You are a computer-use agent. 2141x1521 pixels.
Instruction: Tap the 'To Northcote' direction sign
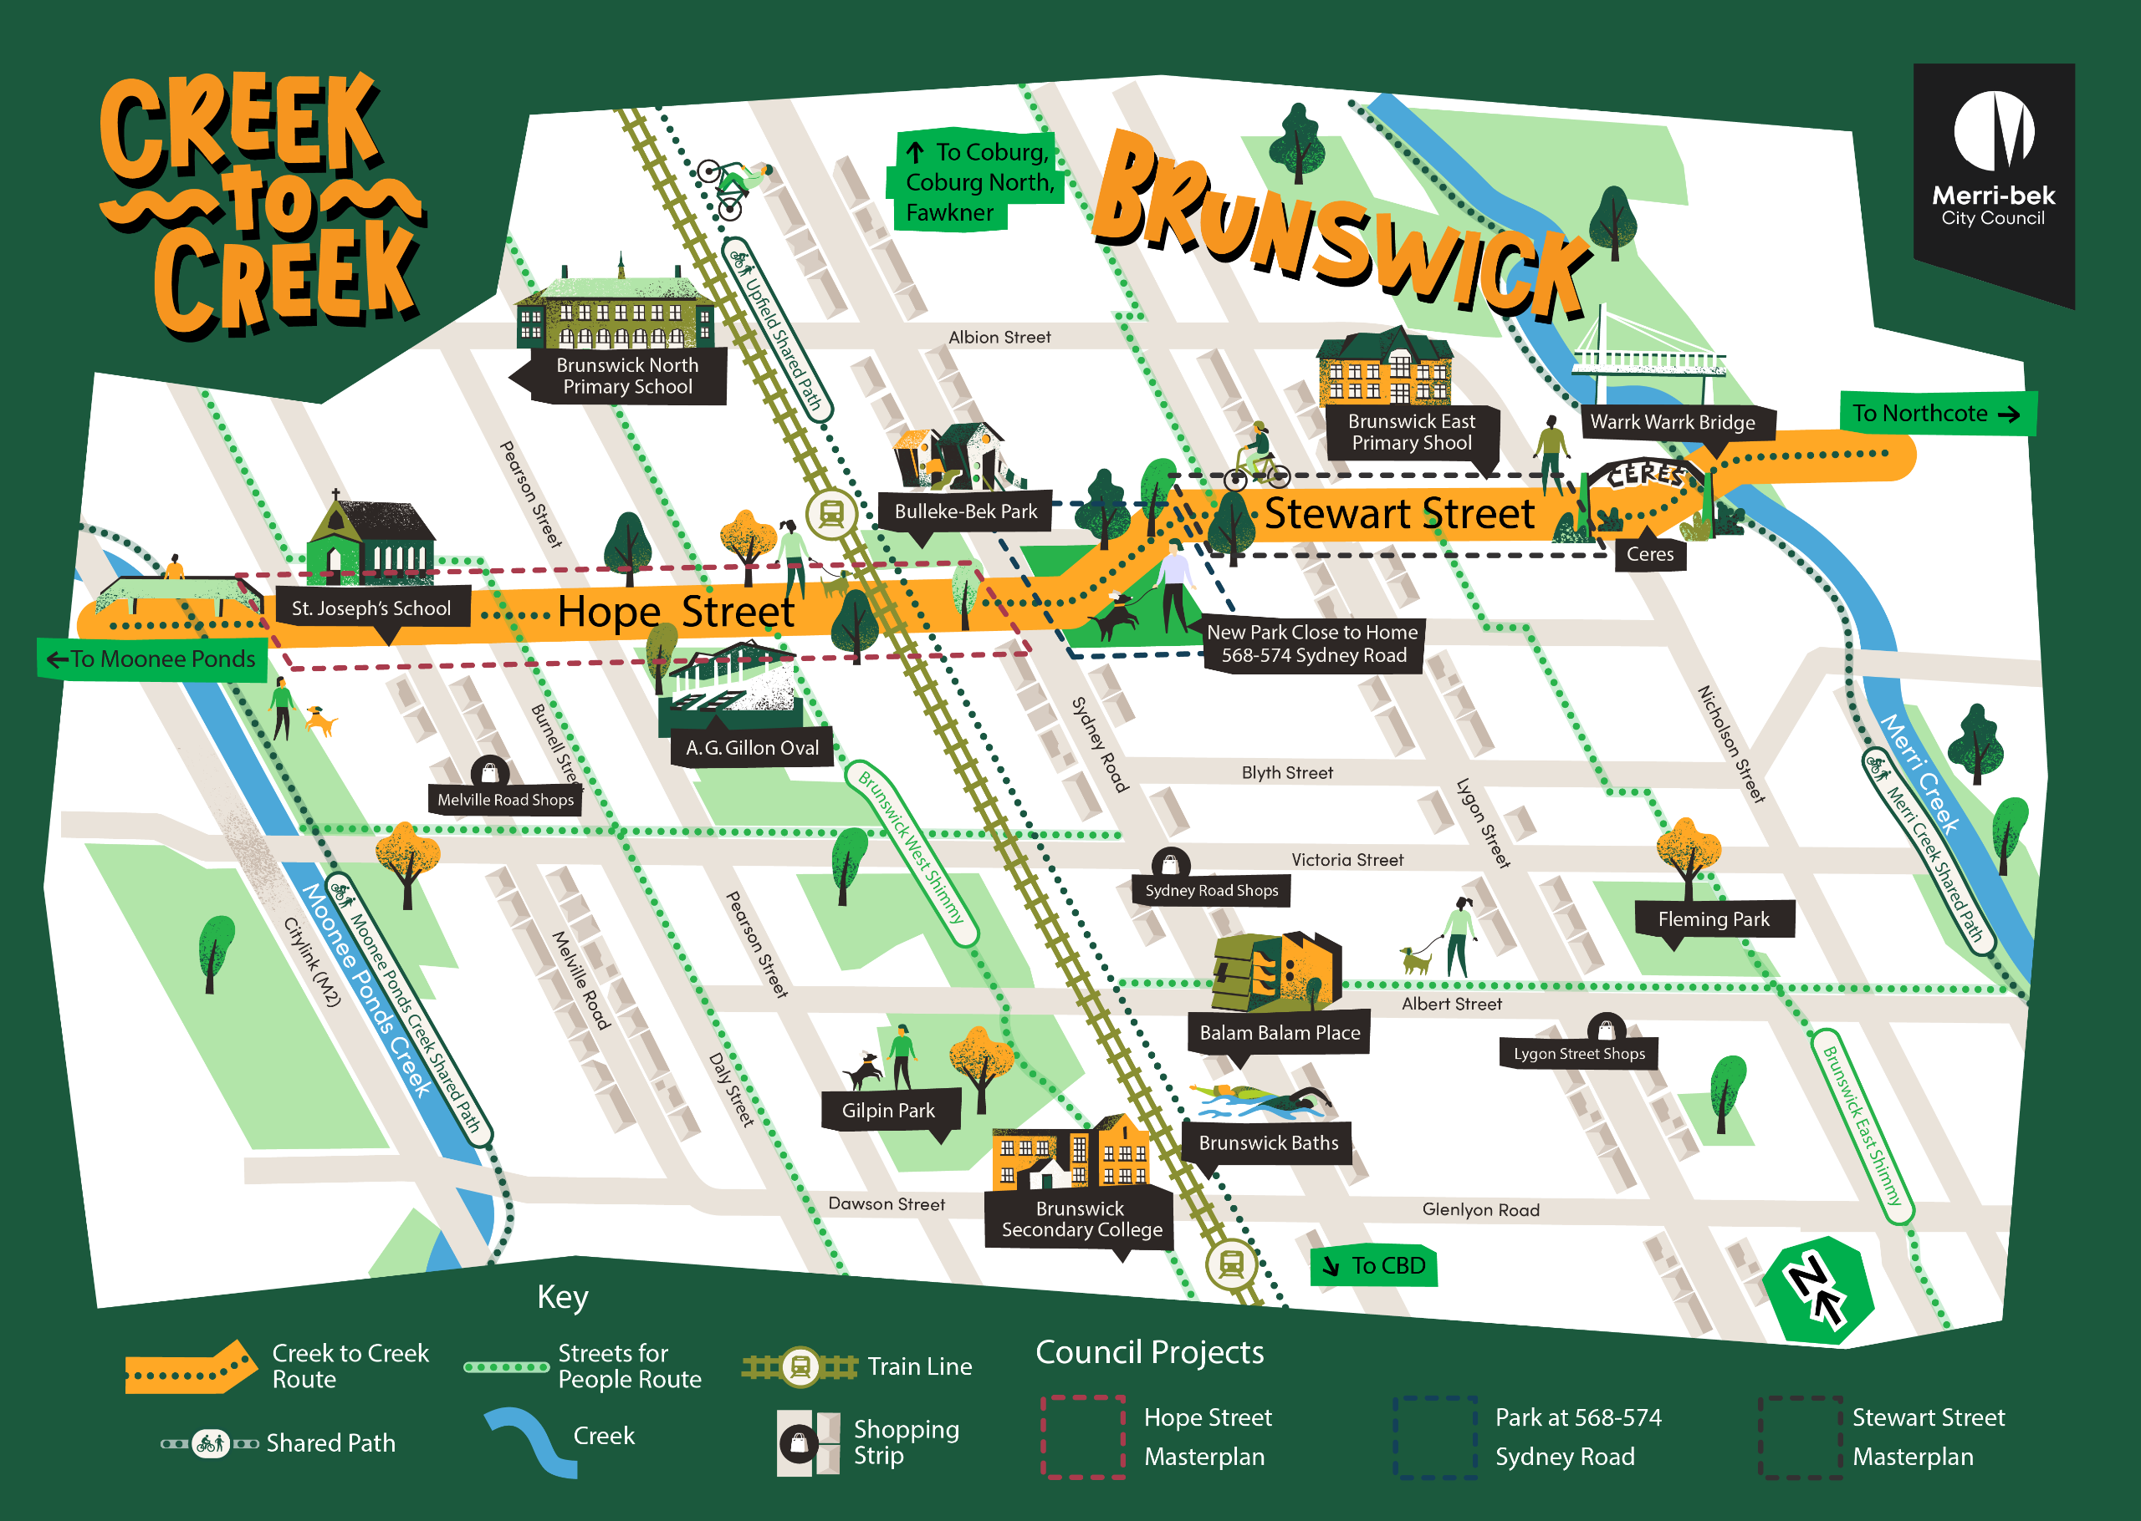(x=1936, y=413)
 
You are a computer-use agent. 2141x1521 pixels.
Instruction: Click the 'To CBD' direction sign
(x=1375, y=1266)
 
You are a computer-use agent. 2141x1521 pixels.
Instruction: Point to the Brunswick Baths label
(x=1268, y=1142)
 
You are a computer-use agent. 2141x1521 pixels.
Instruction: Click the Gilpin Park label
(x=888, y=1111)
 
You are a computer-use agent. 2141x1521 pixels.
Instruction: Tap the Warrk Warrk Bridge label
(x=1673, y=422)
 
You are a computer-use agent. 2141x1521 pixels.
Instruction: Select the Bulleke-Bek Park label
(x=965, y=511)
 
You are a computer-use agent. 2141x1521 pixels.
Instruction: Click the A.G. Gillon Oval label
(x=752, y=747)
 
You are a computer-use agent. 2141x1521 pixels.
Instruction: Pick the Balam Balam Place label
(x=1279, y=1033)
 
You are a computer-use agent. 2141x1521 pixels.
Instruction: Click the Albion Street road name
(x=999, y=337)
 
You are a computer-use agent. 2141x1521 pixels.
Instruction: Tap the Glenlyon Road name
(x=1480, y=1210)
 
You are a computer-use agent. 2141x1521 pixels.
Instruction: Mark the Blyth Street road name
(x=1286, y=773)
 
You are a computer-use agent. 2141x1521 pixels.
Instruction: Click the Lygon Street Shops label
(x=1579, y=1054)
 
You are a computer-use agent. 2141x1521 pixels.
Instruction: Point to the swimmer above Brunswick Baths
(x=1260, y=1101)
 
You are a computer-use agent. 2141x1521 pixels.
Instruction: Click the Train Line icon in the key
(x=800, y=1367)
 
